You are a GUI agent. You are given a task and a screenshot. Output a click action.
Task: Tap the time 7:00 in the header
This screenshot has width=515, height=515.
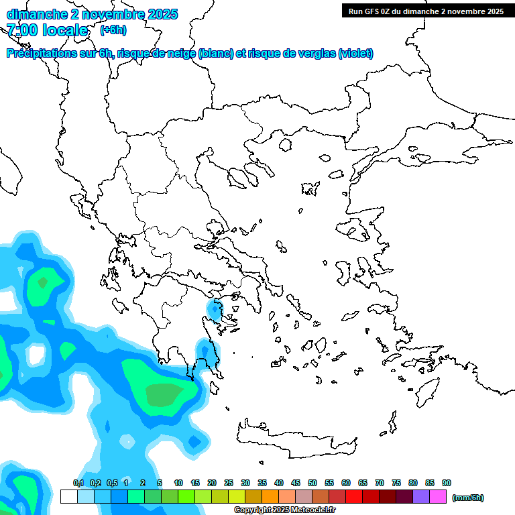coord(22,30)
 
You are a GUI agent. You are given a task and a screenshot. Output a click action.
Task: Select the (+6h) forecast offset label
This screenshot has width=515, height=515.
coord(113,30)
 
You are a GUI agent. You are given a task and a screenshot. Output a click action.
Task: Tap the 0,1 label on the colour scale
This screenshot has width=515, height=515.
coord(78,483)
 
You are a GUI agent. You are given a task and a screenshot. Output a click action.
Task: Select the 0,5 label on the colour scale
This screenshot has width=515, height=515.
coord(112,483)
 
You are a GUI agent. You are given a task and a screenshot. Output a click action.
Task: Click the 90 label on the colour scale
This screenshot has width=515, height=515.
coord(447,483)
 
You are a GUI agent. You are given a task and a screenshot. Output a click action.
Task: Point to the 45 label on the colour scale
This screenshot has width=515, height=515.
coord(296,483)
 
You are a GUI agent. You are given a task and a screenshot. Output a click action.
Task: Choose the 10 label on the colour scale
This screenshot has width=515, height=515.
coord(178,483)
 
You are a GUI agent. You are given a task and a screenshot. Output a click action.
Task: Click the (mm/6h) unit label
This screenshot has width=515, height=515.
coord(468,498)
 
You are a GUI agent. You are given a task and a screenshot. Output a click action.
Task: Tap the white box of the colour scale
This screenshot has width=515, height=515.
coord(68,497)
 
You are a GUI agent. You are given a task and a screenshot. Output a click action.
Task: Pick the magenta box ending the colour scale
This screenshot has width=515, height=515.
coord(438,497)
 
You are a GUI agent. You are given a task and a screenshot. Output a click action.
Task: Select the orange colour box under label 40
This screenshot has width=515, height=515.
coord(270,497)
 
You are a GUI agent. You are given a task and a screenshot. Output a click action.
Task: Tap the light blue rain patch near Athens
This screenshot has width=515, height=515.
coord(216,310)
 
